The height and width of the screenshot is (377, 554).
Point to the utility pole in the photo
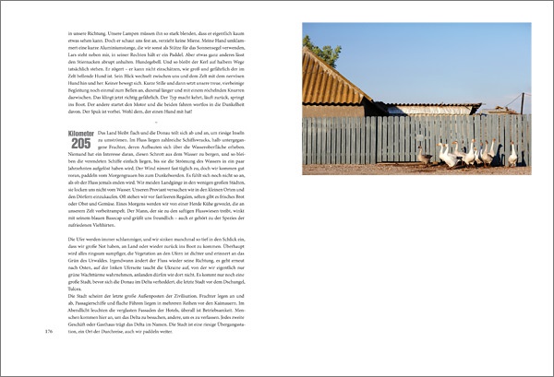pos(522,100)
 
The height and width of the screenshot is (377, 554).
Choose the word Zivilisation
pos(209,295)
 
